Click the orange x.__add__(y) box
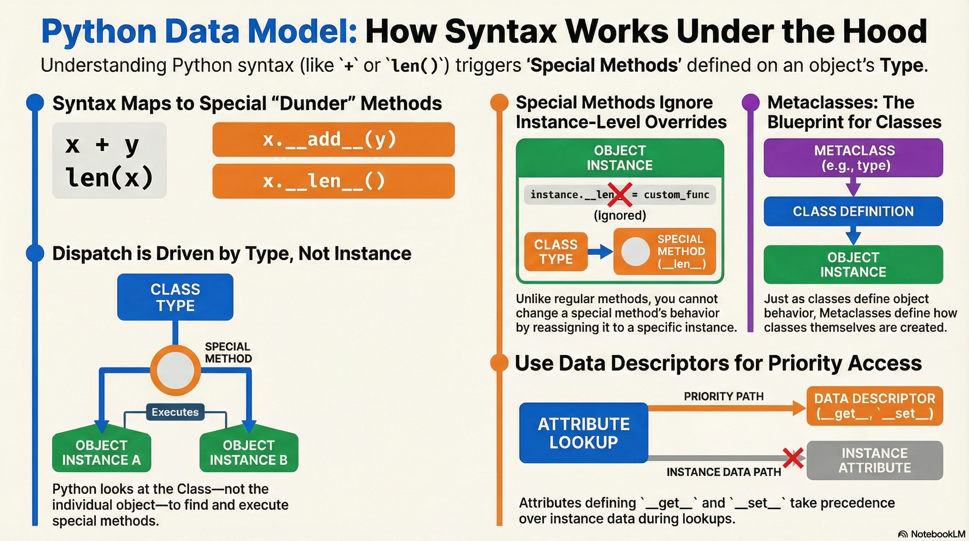(334, 139)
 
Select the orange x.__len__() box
(334, 181)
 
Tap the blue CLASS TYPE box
(175, 297)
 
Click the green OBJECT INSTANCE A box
(101, 450)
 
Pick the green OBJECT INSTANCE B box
(249, 450)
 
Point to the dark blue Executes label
(175, 412)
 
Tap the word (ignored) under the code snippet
(620, 215)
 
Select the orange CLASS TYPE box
(556, 252)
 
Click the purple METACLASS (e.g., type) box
(853, 158)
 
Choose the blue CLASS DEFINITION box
(853, 211)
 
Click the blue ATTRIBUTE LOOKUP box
(584, 433)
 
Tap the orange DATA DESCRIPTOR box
(875, 406)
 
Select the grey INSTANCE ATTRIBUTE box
(875, 460)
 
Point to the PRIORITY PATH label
(724, 396)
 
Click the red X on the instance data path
(793, 458)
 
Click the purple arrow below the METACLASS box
(853, 187)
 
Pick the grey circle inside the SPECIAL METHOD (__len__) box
(635, 251)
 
